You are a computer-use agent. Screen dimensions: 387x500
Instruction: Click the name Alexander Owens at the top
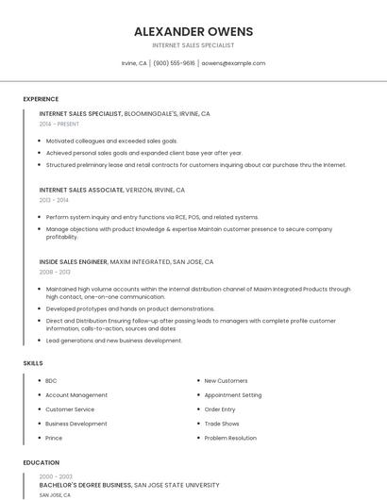193,31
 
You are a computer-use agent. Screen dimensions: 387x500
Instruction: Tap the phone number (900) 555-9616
174,63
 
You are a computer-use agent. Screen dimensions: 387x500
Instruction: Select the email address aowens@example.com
233,63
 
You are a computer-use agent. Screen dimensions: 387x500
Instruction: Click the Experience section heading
41,99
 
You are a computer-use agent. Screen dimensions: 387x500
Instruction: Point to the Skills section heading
33,362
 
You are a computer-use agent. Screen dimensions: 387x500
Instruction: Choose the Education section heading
41,463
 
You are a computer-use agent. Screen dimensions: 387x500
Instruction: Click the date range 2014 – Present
59,124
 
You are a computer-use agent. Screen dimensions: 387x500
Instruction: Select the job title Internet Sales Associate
80,189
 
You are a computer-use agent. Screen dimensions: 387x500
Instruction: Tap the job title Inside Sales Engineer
74,261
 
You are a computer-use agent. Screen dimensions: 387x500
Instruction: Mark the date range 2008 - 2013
54,272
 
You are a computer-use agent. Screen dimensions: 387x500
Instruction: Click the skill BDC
51,381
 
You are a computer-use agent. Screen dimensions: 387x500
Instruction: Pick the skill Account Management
76,395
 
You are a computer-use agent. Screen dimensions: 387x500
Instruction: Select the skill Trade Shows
222,424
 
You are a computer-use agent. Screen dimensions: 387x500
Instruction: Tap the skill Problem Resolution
230,438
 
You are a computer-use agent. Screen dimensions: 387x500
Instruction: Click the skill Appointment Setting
233,395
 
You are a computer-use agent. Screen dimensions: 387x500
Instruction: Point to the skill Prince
54,438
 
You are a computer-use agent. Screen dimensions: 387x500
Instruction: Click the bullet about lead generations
113,341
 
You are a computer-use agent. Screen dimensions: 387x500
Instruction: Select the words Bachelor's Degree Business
85,485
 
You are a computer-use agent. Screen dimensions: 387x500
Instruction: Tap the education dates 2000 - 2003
56,476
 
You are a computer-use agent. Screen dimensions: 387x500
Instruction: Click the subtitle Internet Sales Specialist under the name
193,45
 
